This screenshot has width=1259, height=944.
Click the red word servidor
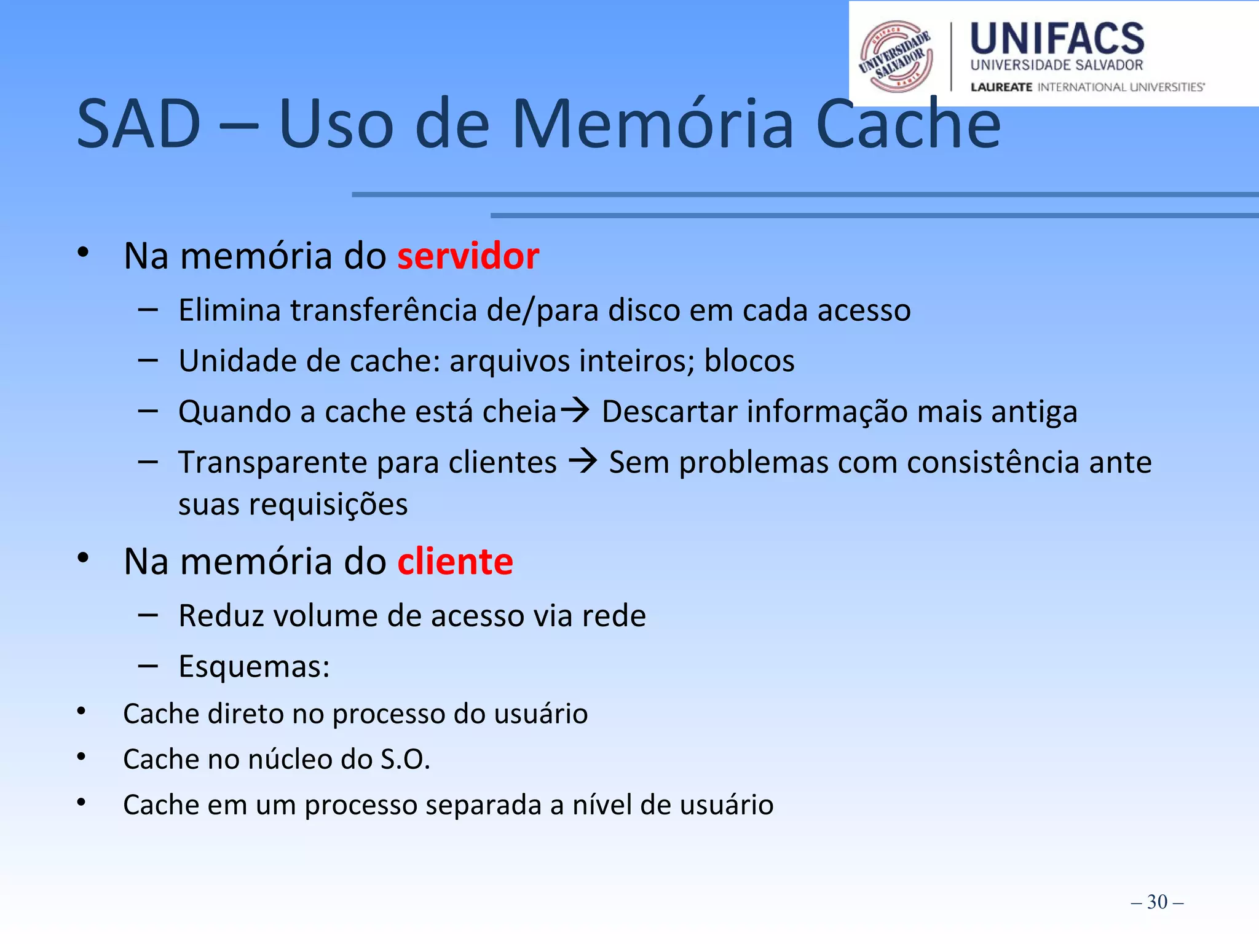pyautogui.click(x=468, y=256)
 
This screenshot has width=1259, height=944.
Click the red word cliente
pyautogui.click(x=455, y=562)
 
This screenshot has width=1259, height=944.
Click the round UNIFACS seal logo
pyautogui.click(x=896, y=57)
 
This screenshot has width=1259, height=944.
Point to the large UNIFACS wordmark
pyautogui.click(x=1057, y=39)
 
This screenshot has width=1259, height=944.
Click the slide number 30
pyautogui.click(x=1157, y=902)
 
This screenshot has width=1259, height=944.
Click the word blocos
pyautogui.click(x=749, y=361)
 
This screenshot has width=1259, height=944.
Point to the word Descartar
pyautogui.click(x=669, y=411)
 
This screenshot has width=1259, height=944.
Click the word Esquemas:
pyautogui.click(x=254, y=666)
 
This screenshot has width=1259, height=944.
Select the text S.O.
pyautogui.click(x=405, y=760)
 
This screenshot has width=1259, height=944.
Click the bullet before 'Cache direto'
pyautogui.click(x=81, y=712)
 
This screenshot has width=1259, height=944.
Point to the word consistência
pyautogui.click(x=993, y=462)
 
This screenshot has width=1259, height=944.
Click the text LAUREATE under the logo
pyautogui.click(x=1001, y=87)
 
